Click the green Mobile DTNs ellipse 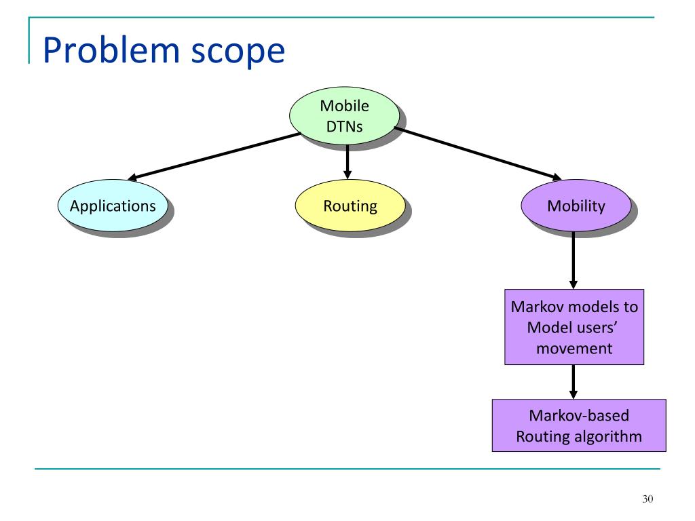[344, 115]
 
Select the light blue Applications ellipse [113, 206]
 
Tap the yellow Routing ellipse [350, 206]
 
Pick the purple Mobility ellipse [576, 206]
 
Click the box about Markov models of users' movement [574, 327]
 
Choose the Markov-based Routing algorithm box [579, 425]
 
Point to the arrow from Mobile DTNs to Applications [214, 157]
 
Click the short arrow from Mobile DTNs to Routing [347, 161]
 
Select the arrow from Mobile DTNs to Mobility [478, 153]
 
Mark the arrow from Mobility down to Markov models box [574, 260]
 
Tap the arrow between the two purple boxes [574, 382]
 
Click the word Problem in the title [111, 51]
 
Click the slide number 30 [647, 499]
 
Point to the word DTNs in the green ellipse [344, 127]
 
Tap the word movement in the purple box [574, 349]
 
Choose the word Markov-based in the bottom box [579, 416]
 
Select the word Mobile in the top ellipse [344, 106]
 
